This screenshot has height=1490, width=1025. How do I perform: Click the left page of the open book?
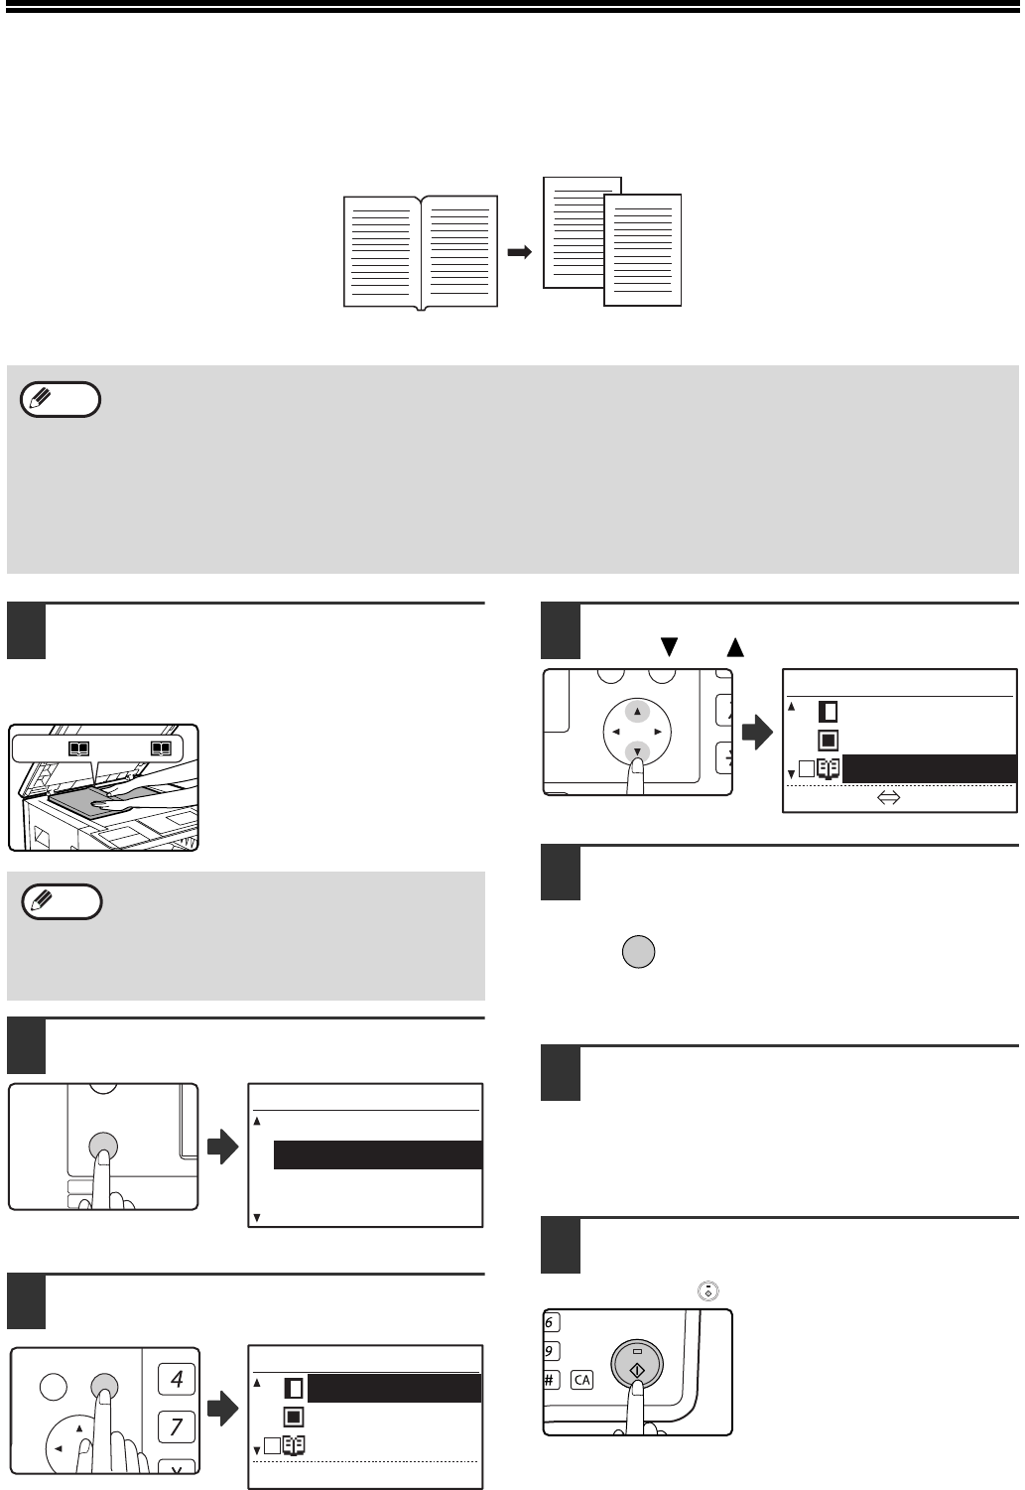click(x=382, y=251)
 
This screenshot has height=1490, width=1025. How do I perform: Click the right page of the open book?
click(x=460, y=251)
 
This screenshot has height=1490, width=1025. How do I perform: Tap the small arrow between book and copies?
click(x=520, y=252)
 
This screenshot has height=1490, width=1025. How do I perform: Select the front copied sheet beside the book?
click(x=642, y=250)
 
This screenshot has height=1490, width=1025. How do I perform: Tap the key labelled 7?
click(x=177, y=1426)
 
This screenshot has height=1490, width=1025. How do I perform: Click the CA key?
click(x=581, y=1380)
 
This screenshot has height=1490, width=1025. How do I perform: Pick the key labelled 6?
click(x=551, y=1322)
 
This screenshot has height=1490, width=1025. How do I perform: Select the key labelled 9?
click(x=551, y=1351)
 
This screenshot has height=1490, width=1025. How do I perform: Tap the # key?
click(x=551, y=1380)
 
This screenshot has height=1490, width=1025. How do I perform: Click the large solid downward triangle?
click(x=669, y=646)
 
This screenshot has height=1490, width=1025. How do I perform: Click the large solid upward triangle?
click(x=735, y=646)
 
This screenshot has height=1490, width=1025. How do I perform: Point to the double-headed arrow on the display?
click(x=889, y=797)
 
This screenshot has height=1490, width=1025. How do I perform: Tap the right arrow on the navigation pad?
click(x=658, y=732)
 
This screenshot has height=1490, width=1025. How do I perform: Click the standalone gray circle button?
click(x=638, y=952)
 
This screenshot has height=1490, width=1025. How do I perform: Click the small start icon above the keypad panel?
click(x=708, y=1291)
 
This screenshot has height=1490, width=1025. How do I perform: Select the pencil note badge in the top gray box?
click(x=61, y=399)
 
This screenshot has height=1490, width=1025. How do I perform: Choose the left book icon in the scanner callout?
click(x=79, y=749)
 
